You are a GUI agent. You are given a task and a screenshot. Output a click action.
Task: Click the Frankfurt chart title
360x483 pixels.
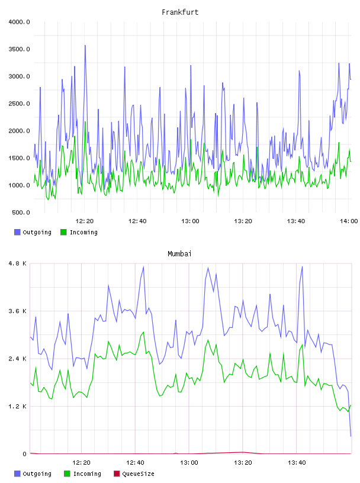point(180,12)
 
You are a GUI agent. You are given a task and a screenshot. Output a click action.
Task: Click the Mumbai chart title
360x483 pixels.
point(179,254)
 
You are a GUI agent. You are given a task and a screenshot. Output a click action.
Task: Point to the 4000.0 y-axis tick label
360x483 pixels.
point(19,22)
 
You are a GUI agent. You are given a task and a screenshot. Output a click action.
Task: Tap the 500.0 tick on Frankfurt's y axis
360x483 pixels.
point(21,212)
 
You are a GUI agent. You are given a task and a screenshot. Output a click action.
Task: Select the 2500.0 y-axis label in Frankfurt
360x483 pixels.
point(19,104)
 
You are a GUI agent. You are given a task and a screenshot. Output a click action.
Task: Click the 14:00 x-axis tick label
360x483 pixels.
point(349,221)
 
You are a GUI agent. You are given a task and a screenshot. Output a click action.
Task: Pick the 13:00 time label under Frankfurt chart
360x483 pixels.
point(190,221)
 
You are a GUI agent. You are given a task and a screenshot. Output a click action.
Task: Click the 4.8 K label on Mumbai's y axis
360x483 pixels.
point(18,263)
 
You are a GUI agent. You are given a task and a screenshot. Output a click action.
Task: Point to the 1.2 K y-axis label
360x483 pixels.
point(18,406)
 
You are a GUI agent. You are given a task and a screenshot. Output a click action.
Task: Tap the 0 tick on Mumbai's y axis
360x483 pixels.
point(25,454)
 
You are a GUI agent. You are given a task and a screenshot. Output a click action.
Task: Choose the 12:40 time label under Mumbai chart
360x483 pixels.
point(135,463)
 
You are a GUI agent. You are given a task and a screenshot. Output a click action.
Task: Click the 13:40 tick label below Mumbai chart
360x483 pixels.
point(297,463)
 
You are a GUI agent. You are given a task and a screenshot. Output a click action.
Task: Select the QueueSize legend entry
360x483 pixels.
point(134,474)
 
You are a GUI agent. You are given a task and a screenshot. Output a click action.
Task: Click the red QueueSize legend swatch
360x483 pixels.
point(117,474)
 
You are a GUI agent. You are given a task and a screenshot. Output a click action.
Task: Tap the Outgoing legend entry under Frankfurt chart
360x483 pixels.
point(33,232)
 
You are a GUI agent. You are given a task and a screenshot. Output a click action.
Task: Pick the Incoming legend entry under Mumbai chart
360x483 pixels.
point(82,474)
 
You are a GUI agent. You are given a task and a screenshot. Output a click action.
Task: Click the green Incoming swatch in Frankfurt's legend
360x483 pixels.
point(63,232)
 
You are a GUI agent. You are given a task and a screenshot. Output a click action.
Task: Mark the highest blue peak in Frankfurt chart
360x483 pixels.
point(85,46)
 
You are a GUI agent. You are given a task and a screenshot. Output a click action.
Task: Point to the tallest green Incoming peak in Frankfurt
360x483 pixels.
point(85,122)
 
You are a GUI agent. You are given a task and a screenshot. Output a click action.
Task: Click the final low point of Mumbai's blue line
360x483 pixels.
point(351,436)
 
